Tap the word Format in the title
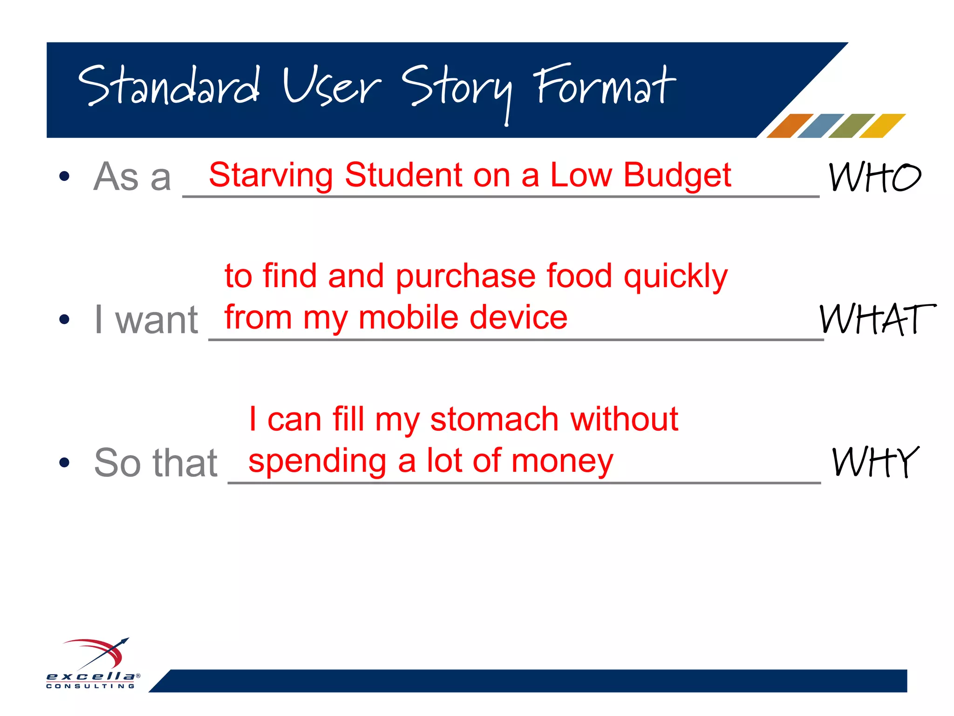[x=605, y=86]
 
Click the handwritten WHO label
[x=874, y=177]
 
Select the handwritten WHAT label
[x=877, y=319]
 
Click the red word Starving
[x=271, y=175]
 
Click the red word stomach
[x=494, y=419]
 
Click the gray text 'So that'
[x=156, y=463]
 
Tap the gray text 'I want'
[x=146, y=320]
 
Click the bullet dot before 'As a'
[x=64, y=177]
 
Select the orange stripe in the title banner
[x=790, y=126]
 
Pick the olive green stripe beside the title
[x=852, y=126]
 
